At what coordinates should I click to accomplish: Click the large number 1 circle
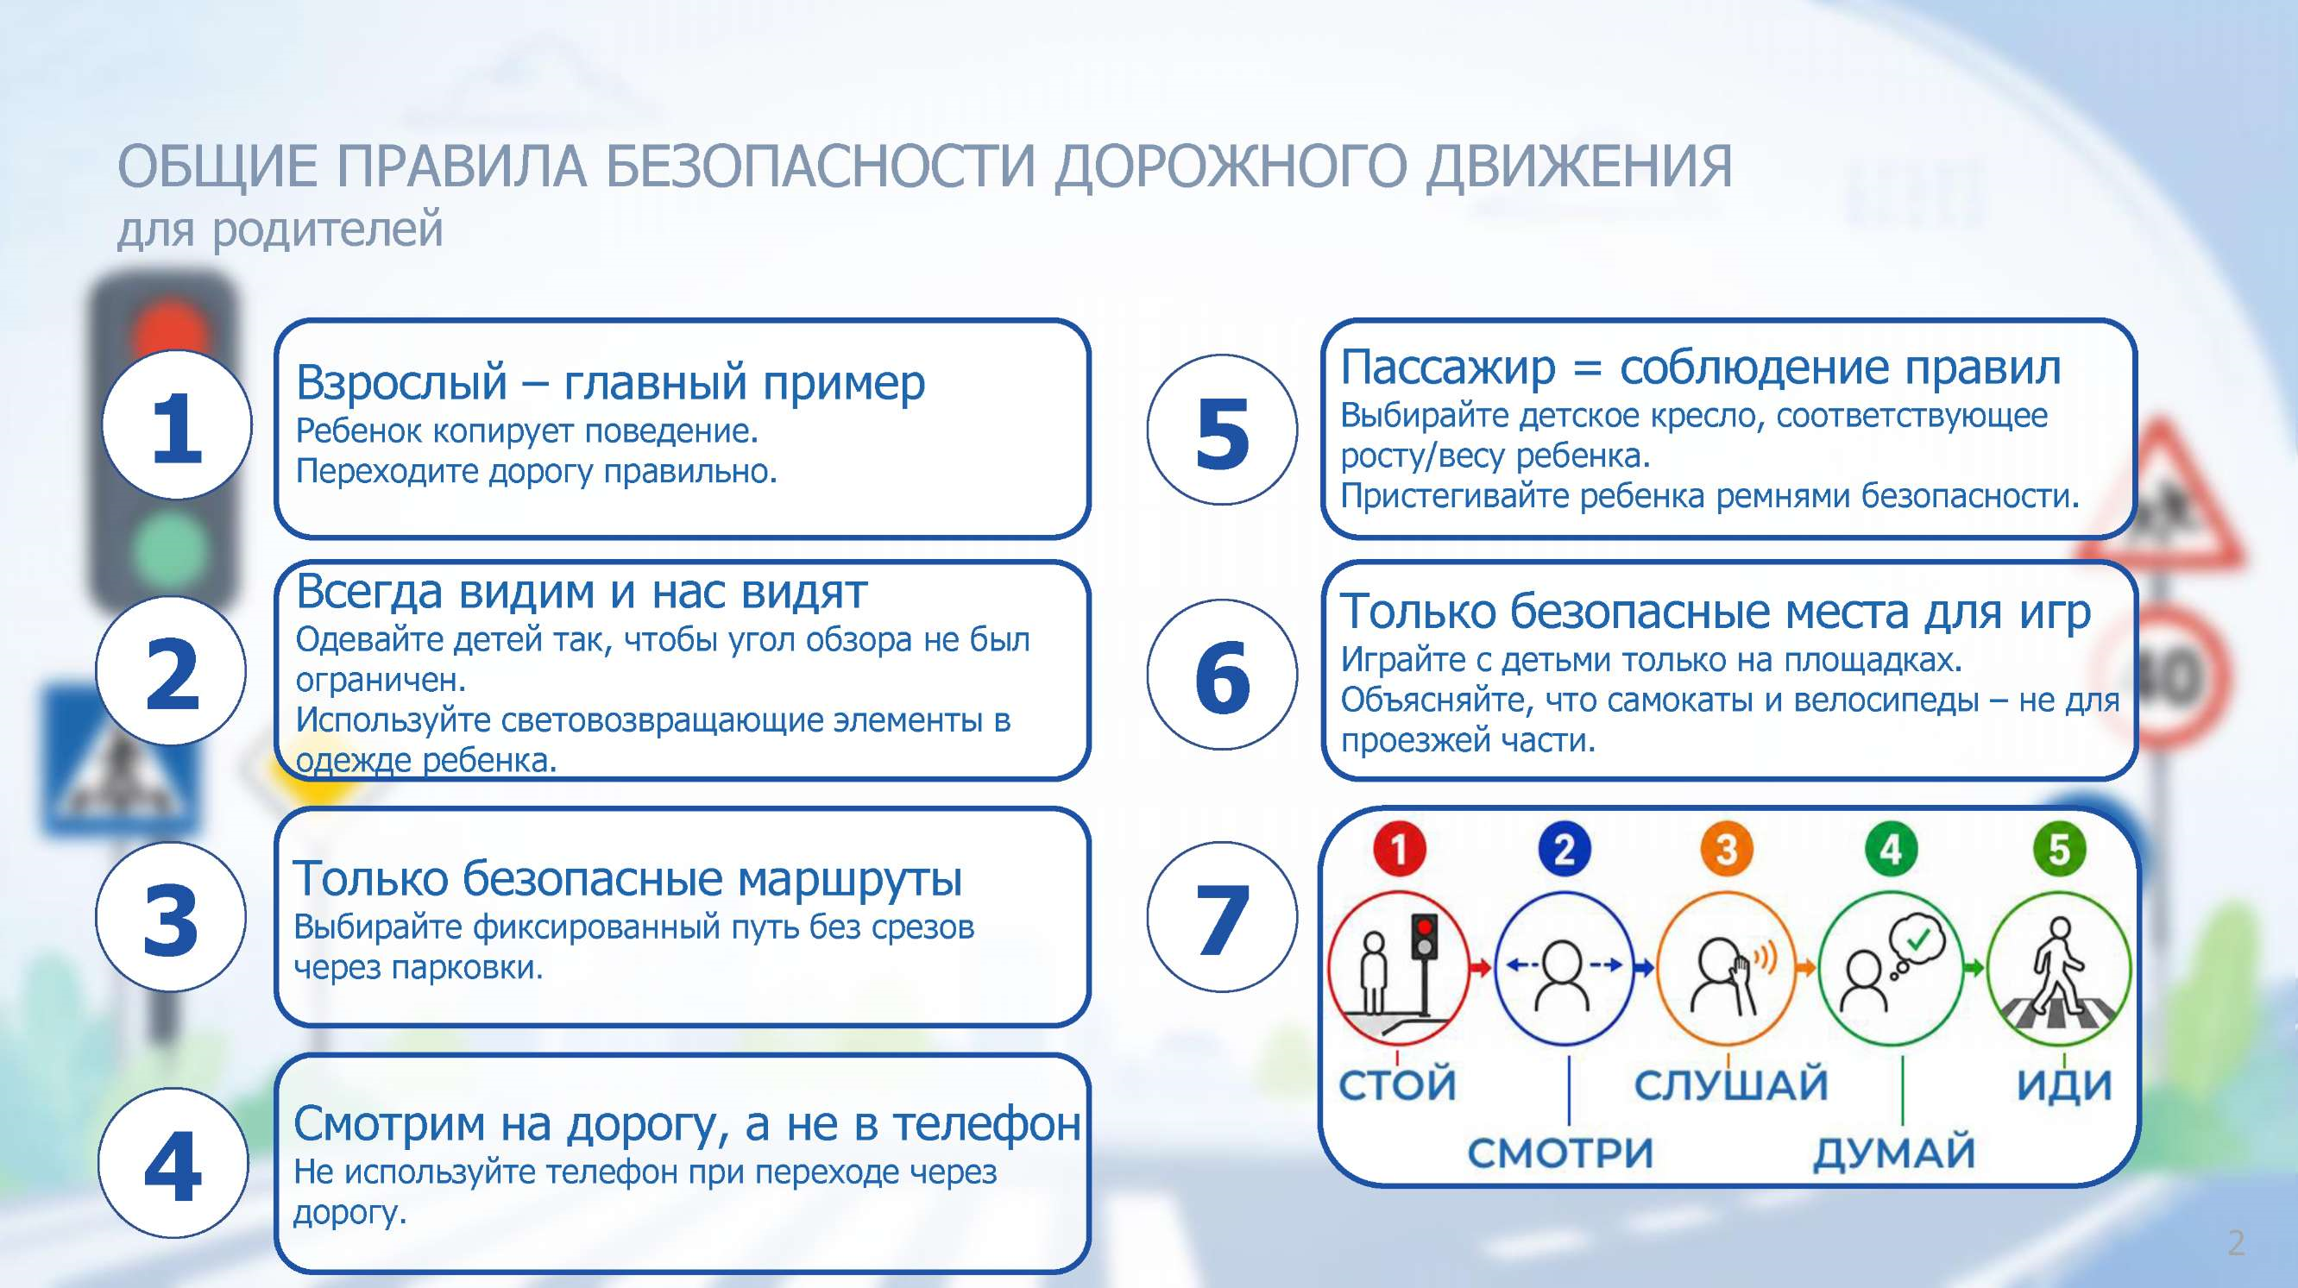[177, 424]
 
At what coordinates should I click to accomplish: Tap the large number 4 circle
[173, 1162]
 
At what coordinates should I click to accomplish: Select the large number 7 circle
[1222, 917]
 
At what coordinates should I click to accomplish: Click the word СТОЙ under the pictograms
[1397, 1084]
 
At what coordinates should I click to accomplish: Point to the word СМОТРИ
[1560, 1153]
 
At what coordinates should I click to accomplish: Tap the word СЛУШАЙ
[1731, 1084]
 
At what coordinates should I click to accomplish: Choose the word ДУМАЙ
[1895, 1153]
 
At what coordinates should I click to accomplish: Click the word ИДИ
[2064, 1084]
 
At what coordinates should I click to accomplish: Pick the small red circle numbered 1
[1399, 848]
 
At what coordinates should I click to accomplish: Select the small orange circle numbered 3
[1726, 848]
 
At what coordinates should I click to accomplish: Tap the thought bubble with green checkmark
[1918, 943]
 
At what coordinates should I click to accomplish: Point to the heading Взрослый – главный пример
[610, 383]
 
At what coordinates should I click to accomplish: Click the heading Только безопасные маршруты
[628, 878]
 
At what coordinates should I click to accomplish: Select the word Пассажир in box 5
[1448, 368]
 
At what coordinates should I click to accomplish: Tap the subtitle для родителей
[280, 229]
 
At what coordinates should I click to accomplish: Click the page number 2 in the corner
[2236, 1242]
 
